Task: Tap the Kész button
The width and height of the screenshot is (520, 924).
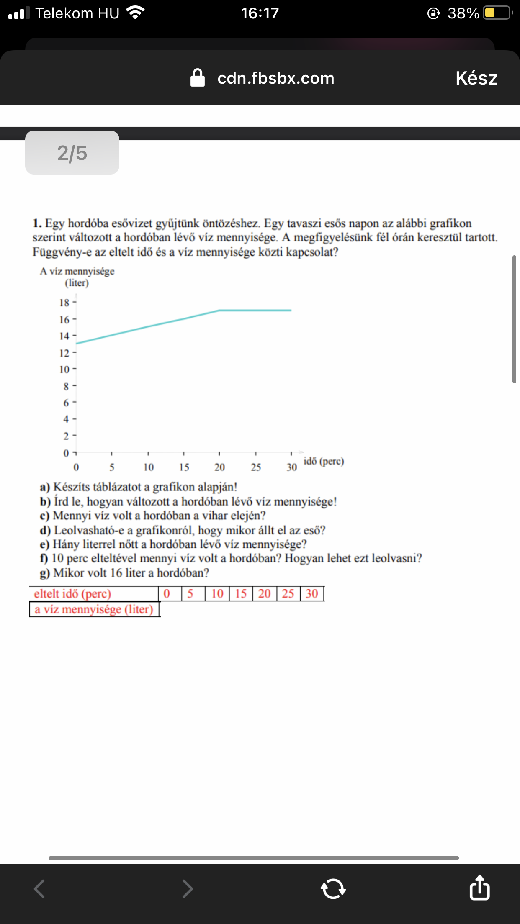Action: [x=476, y=78]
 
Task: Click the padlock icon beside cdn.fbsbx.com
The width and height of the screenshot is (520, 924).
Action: [x=198, y=78]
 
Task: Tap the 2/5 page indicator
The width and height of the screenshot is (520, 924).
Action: [x=72, y=153]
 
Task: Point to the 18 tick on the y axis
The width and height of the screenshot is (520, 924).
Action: [x=64, y=303]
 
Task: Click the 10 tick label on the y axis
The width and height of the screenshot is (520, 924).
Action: [x=64, y=370]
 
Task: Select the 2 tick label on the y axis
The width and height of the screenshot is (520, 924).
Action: [x=66, y=436]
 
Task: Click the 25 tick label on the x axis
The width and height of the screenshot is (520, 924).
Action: [x=256, y=467]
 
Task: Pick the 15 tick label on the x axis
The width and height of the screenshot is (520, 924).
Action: [x=184, y=467]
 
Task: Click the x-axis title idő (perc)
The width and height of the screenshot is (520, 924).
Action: [x=324, y=461]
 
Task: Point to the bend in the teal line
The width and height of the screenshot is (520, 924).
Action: [x=219, y=310]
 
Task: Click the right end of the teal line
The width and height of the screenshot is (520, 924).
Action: [x=291, y=310]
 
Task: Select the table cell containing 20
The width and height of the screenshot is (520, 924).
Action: [x=264, y=593]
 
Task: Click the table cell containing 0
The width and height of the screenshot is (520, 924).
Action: [x=167, y=593]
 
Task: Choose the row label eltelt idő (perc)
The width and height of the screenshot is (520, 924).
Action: [x=72, y=594]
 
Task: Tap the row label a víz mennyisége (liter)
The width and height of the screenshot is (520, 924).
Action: [x=94, y=609]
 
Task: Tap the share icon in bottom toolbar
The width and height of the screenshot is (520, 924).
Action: [x=479, y=888]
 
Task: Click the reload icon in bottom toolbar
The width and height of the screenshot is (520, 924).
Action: [x=333, y=888]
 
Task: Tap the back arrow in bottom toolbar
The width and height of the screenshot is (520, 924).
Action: [x=39, y=888]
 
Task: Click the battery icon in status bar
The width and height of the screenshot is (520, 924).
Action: [x=497, y=13]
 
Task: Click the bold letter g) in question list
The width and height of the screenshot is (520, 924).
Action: [x=45, y=573]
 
